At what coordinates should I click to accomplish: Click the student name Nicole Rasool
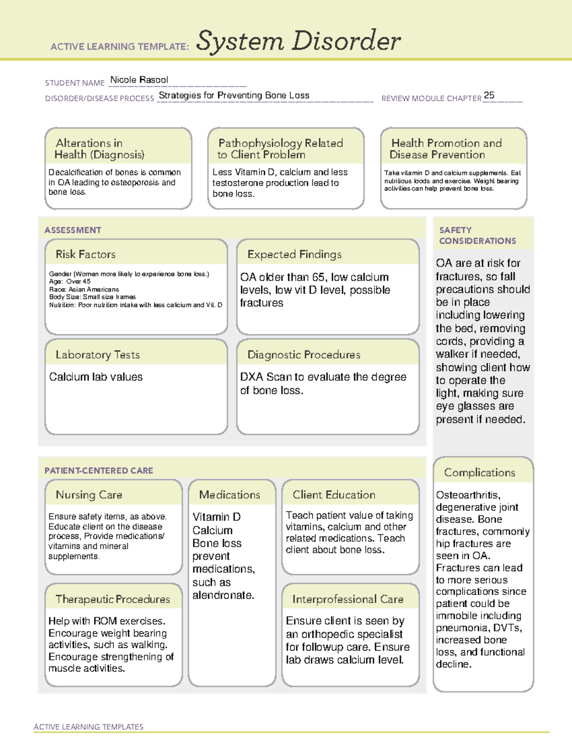coord(139,80)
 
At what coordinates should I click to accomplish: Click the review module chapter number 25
coord(489,95)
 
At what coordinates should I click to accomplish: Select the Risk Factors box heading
coord(85,254)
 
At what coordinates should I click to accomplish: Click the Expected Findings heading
coord(294,254)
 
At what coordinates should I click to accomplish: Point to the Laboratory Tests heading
coord(97,355)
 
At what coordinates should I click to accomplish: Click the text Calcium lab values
coord(96,377)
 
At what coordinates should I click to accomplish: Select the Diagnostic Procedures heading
coord(304,355)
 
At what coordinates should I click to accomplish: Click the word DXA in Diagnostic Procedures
coord(251,377)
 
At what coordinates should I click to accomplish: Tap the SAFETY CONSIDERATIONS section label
coord(477,235)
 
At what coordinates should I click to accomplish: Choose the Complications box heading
coord(479,472)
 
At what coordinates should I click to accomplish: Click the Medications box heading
coord(229,495)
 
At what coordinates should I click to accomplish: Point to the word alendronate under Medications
coord(223,595)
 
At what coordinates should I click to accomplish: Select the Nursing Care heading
coord(89,495)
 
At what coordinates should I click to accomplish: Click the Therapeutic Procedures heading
coord(112,599)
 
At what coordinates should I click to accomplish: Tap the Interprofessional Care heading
coord(347,599)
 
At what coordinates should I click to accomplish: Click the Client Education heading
coord(334,495)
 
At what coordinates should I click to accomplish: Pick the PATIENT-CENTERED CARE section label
coord(99,470)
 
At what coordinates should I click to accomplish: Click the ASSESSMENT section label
coord(72,230)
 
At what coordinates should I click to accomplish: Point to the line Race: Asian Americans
coord(84,289)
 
